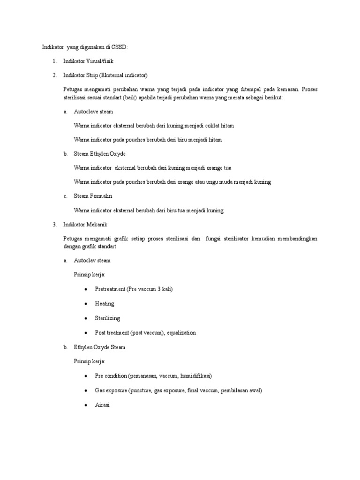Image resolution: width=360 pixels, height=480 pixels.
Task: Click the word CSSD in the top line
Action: tap(120, 47)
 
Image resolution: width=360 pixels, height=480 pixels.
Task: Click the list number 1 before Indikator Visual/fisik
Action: tap(54, 61)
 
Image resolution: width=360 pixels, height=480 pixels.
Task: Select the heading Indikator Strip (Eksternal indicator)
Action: tap(105, 75)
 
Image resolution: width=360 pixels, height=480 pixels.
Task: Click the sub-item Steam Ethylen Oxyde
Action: tap(100, 154)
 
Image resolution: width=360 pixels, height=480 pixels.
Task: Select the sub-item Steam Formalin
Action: tap(93, 196)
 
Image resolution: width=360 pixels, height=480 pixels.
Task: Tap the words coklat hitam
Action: tap(219, 126)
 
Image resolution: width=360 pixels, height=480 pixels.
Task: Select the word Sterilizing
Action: tap(107, 318)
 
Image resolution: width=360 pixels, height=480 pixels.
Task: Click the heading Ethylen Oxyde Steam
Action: tap(99, 347)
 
